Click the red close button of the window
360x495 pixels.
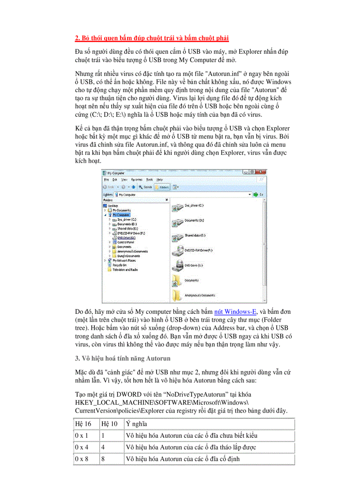click(262, 173)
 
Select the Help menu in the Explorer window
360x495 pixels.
click(160, 180)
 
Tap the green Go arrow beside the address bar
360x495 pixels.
click(256, 194)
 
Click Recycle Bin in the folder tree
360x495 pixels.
click(120, 265)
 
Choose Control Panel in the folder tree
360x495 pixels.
click(126, 242)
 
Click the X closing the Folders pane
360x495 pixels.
click(166, 200)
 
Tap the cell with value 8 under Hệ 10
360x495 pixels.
click(103, 459)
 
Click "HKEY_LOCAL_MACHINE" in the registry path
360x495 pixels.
click(110, 402)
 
